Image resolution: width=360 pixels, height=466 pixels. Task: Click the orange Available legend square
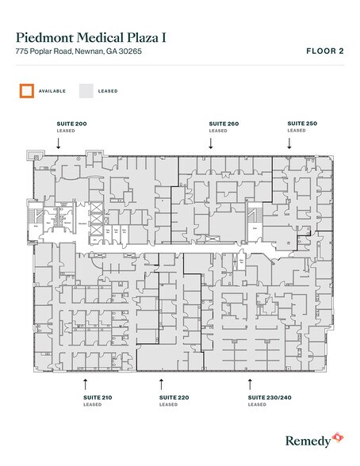coord(27,90)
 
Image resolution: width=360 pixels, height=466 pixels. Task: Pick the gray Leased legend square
coord(84,90)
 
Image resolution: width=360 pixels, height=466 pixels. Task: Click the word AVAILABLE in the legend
coord(52,91)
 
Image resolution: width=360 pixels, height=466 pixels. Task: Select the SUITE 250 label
coord(302,124)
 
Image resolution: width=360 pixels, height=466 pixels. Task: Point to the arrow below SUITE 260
coord(210,143)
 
